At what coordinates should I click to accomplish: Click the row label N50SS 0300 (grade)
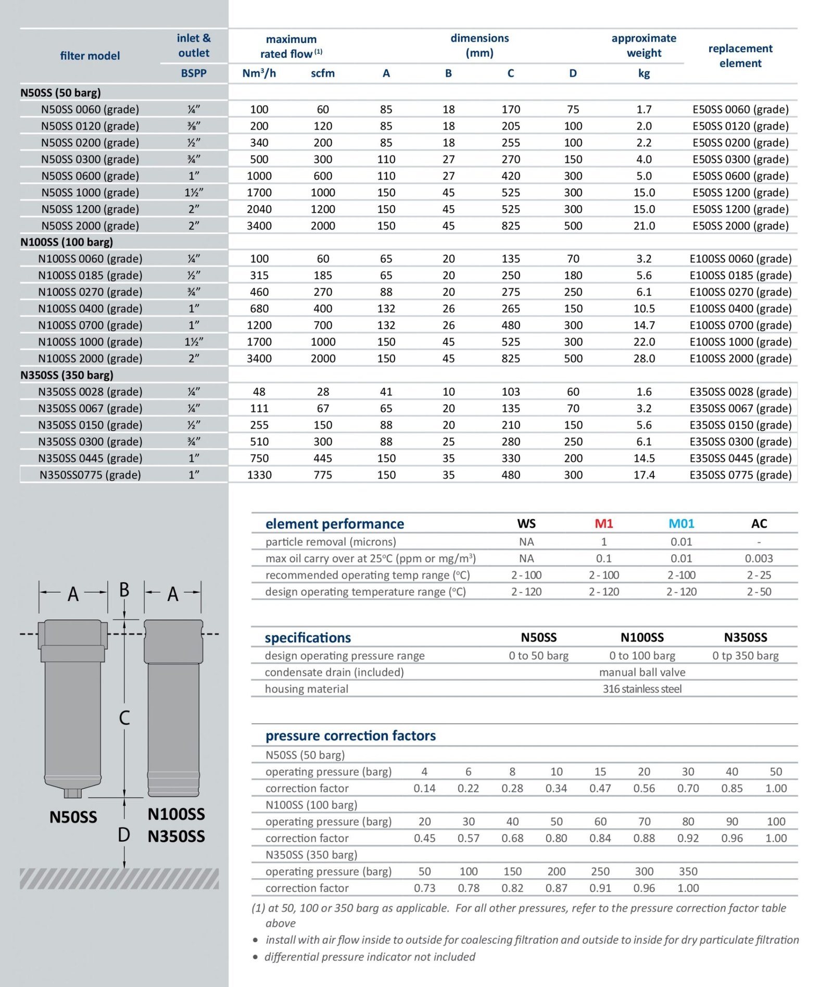click(x=90, y=159)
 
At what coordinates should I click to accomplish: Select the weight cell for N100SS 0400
click(x=643, y=309)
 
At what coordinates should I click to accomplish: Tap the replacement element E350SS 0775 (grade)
click(x=740, y=475)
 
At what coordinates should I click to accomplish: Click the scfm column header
click(x=323, y=73)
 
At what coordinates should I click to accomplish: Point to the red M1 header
click(x=603, y=523)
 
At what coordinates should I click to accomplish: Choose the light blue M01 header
click(x=681, y=523)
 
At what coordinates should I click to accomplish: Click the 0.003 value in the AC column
click(x=759, y=558)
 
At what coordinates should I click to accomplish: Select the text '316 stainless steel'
click(x=642, y=689)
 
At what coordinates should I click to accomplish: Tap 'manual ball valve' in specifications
click(x=642, y=672)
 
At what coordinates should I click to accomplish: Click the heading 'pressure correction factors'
click(x=350, y=735)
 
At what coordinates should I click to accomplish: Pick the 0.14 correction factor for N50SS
click(x=424, y=788)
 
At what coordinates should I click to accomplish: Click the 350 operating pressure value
click(x=688, y=871)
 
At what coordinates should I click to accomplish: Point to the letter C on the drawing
click(x=124, y=718)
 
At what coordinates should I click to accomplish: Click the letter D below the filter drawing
click(x=124, y=835)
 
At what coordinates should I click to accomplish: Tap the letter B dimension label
click(x=124, y=590)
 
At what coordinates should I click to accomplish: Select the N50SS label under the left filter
click(x=73, y=817)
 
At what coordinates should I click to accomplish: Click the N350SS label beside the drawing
click(x=176, y=836)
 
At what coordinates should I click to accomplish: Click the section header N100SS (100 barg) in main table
click(x=67, y=242)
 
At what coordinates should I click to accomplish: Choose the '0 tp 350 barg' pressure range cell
click(x=745, y=656)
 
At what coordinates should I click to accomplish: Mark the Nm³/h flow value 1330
click(x=259, y=475)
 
